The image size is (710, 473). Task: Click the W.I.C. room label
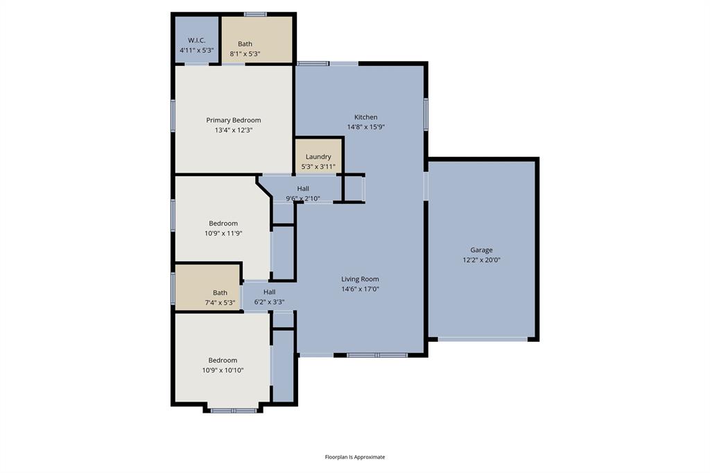(196, 40)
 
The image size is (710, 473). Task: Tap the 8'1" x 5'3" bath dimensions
(245, 53)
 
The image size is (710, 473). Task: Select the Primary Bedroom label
(233, 120)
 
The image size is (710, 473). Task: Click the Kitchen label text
(366, 117)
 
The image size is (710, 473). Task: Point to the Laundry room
(318, 157)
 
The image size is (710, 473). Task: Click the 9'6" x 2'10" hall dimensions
(303, 198)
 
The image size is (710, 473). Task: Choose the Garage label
(481, 250)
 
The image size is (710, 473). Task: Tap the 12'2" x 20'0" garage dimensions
(481, 260)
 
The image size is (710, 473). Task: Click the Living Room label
(360, 279)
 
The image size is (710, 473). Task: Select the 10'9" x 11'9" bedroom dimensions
(223, 233)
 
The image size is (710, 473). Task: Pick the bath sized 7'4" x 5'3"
(220, 293)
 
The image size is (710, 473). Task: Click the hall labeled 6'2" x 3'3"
(269, 292)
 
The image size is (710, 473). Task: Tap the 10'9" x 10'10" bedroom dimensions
(223, 370)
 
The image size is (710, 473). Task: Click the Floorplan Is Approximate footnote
(355, 457)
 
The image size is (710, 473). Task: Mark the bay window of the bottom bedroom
(233, 411)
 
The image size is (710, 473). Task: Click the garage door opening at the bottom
(483, 338)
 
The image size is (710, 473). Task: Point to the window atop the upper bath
(255, 13)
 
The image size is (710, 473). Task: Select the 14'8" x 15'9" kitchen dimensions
(366, 127)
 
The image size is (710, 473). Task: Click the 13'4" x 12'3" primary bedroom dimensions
(233, 130)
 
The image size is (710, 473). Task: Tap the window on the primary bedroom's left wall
(173, 117)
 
